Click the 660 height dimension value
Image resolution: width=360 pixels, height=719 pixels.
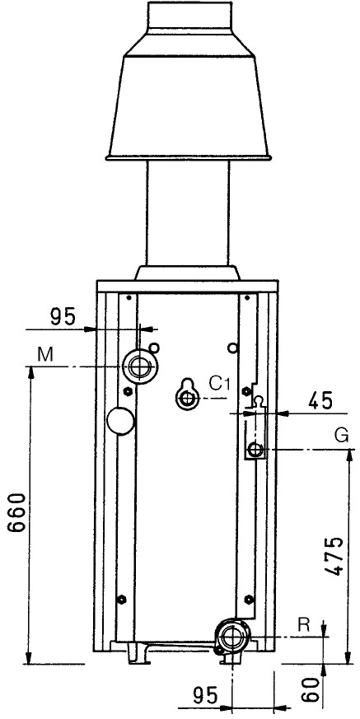[x=17, y=512]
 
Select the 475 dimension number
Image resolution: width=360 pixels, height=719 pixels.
[x=332, y=555]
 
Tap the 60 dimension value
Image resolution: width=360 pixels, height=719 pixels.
[x=311, y=689]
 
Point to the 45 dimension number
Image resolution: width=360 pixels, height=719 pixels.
[x=320, y=402]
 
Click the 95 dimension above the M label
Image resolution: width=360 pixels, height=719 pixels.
[x=63, y=317]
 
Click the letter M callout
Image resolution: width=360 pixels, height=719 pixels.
[x=45, y=354]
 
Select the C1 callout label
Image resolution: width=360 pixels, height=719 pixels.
[x=219, y=383]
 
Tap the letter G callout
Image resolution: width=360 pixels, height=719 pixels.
[x=342, y=435]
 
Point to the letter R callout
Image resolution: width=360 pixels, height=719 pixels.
[x=303, y=623]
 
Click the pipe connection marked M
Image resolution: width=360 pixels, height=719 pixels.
[x=139, y=366]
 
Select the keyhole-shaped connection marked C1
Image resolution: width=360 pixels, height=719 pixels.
[x=187, y=394]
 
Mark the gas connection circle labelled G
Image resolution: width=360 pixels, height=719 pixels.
[x=255, y=450]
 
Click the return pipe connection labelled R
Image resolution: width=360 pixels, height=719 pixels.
[x=233, y=636]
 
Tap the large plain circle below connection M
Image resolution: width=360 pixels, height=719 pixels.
[x=120, y=421]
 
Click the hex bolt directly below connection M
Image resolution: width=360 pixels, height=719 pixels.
[x=128, y=391]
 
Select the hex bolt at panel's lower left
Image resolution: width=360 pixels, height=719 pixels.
[x=122, y=599]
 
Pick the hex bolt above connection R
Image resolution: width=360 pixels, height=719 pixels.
[x=249, y=599]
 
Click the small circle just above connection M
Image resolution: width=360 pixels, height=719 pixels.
[x=154, y=348]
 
